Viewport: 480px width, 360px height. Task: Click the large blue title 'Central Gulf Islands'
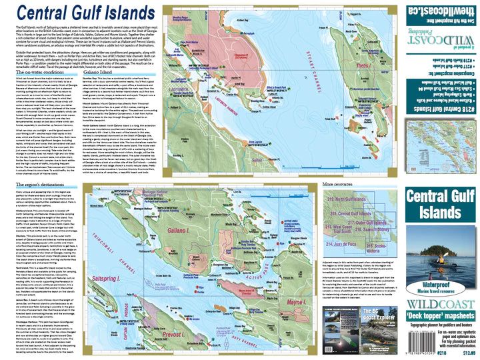79,13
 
